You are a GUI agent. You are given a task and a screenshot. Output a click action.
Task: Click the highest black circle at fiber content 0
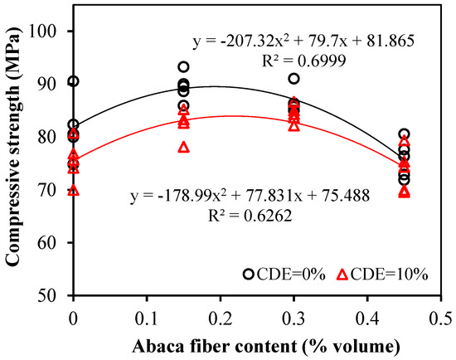click(x=73, y=81)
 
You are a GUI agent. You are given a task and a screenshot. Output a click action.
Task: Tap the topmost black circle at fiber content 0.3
click(x=293, y=79)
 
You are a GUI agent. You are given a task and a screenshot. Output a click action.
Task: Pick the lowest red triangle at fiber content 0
click(x=73, y=190)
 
